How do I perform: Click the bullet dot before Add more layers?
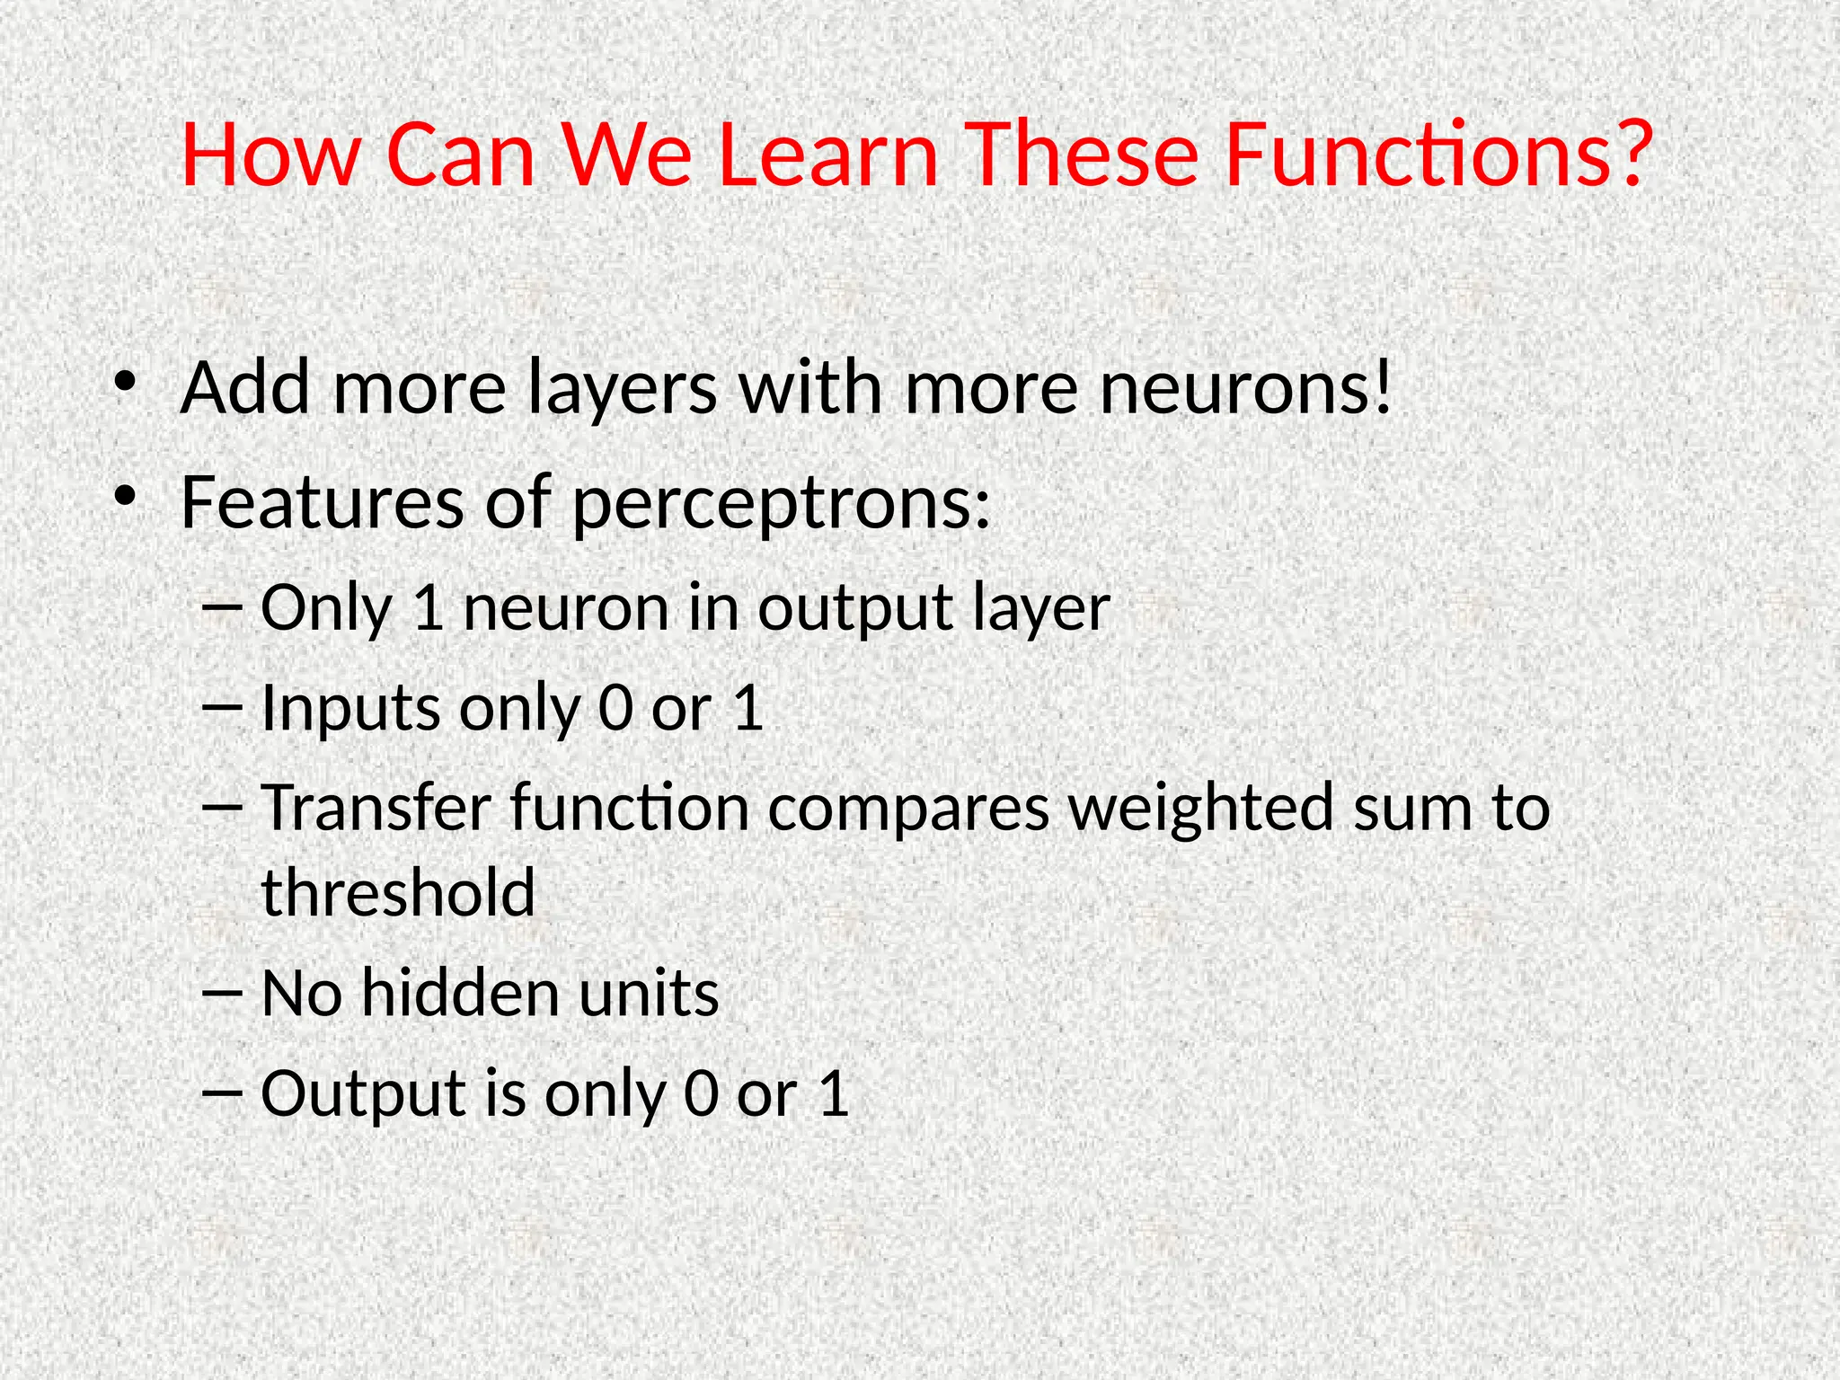tap(125, 383)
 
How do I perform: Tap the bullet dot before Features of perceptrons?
tap(125, 496)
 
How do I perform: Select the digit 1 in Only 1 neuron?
tap(429, 608)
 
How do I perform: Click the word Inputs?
tap(350, 710)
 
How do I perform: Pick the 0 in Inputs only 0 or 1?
tap(615, 708)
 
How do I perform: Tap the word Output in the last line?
tap(361, 1094)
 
